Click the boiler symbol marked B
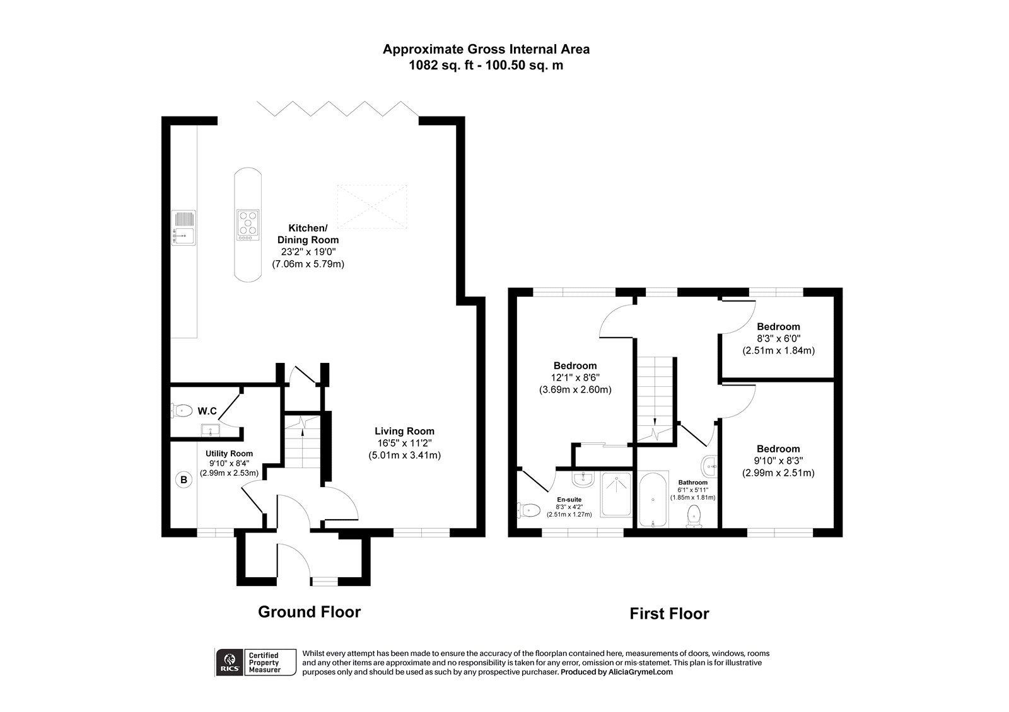pyautogui.click(x=184, y=480)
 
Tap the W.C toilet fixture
pyautogui.click(x=182, y=411)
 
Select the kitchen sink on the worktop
pyautogui.click(x=184, y=227)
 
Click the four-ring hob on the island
pyautogui.click(x=248, y=225)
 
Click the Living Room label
pyautogui.click(x=404, y=432)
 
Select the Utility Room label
pyautogui.click(x=229, y=454)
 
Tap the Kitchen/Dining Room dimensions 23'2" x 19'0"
pyautogui.click(x=308, y=252)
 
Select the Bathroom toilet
pyautogui.click(x=694, y=515)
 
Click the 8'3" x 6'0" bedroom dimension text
pyautogui.click(x=778, y=338)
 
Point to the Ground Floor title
pyautogui.click(x=309, y=612)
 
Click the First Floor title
pyautogui.click(x=669, y=614)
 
